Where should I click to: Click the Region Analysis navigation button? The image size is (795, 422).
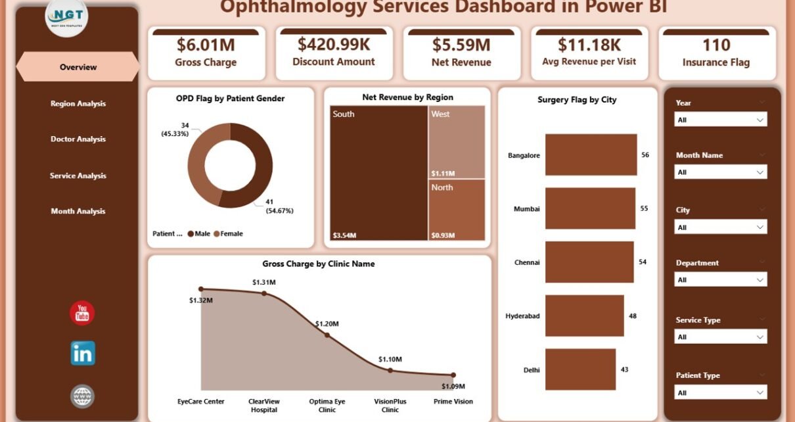point(78,103)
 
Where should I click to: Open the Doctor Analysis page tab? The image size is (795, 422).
point(78,139)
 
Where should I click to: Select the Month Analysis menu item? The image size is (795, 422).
point(78,211)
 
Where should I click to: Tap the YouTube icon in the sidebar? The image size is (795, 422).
point(82,314)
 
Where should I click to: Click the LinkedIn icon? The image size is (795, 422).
point(83,354)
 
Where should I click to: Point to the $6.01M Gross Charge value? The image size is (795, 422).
point(206,45)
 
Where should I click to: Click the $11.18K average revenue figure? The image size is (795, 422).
point(589,45)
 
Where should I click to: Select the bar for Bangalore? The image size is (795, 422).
point(591,155)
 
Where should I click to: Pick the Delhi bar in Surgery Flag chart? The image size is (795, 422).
point(580,369)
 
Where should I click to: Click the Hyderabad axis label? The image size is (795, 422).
point(522,316)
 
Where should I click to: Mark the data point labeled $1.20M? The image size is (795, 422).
point(327,335)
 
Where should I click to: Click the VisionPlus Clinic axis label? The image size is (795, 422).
point(390,406)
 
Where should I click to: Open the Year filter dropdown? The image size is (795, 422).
point(721,120)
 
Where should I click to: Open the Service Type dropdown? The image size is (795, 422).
point(721,337)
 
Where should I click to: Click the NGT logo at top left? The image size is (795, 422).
point(67,16)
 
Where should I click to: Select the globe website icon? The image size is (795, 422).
point(83,396)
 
